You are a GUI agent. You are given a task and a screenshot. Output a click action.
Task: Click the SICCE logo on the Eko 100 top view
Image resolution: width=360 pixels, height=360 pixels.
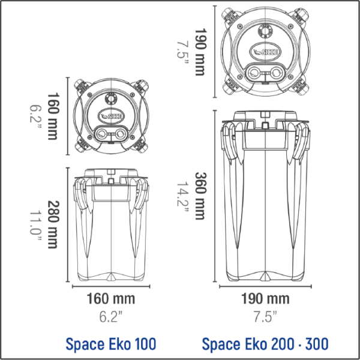coord(112,115)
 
